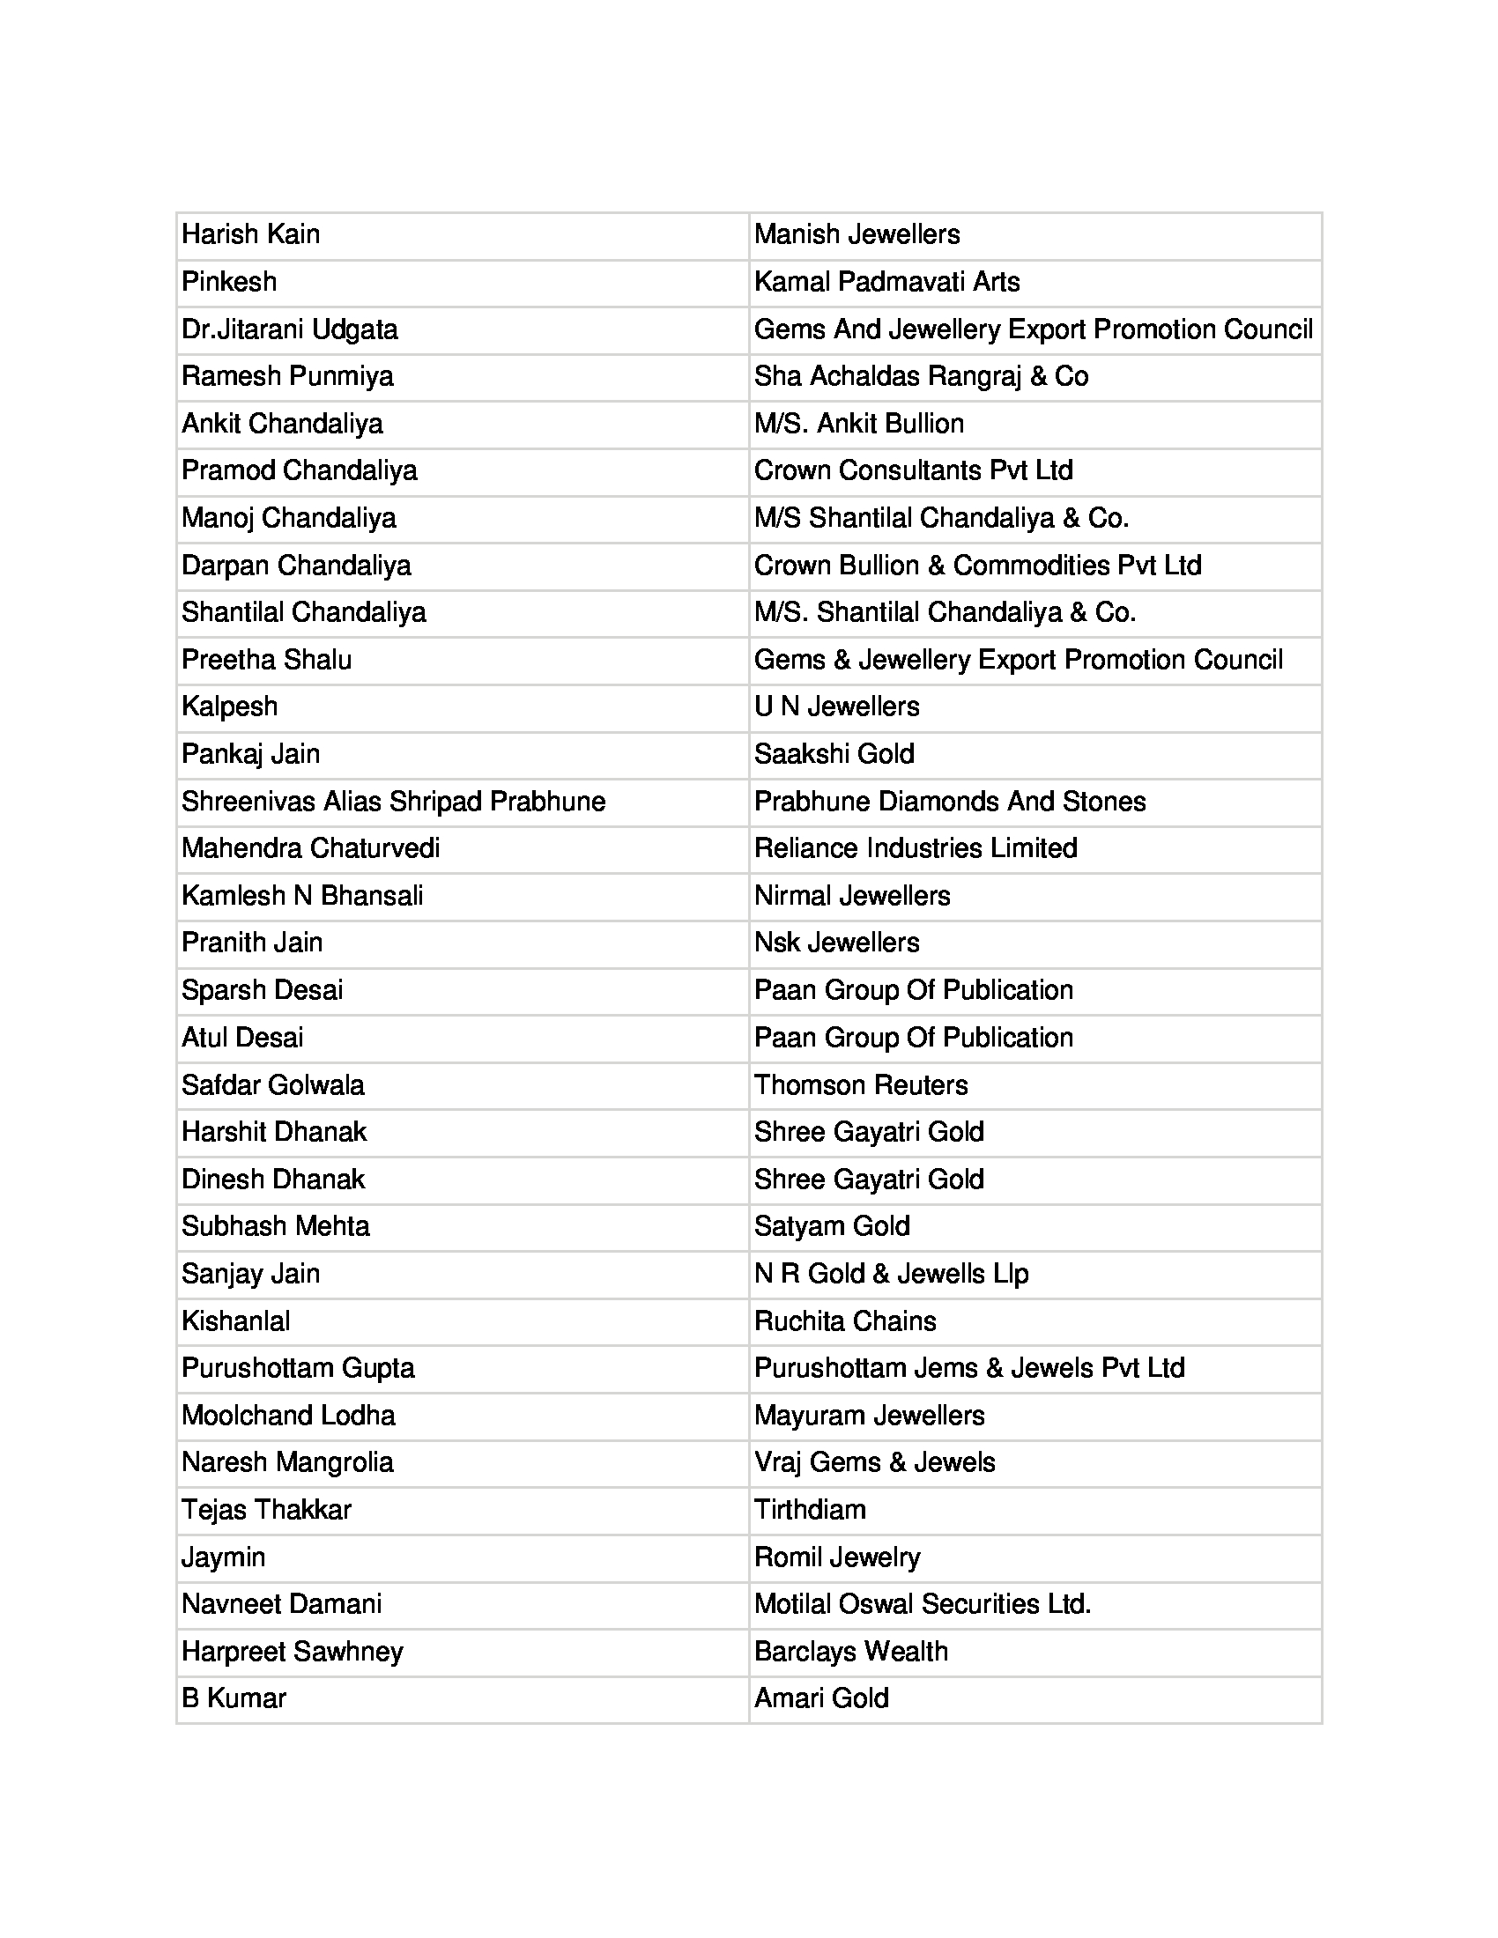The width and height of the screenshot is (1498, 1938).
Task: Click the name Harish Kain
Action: point(250,234)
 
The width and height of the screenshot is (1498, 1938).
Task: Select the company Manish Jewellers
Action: point(857,234)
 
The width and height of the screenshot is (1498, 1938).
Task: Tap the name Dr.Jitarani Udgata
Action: point(289,329)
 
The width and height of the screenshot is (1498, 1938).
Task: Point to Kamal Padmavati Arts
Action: point(886,282)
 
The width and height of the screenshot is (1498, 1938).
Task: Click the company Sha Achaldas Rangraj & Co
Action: point(921,376)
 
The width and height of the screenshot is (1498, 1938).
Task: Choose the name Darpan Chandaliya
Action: point(296,566)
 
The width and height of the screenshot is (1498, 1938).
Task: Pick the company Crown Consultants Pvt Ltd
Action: point(913,470)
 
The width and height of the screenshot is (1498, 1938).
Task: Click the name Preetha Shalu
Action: point(266,659)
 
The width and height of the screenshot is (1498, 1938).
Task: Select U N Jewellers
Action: point(836,706)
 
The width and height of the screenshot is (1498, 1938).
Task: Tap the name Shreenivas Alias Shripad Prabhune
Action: point(393,802)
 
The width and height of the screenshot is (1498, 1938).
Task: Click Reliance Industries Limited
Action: point(915,848)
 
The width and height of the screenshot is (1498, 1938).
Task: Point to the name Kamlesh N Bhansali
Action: point(301,895)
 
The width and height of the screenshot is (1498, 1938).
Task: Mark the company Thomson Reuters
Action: point(860,1084)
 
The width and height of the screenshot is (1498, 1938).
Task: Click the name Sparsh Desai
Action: point(262,990)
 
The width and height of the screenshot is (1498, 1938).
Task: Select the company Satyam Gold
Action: point(832,1226)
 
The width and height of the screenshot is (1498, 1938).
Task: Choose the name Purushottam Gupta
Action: point(298,1367)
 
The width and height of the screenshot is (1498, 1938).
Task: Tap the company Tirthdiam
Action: point(809,1509)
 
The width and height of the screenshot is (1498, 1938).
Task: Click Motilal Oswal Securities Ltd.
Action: point(922,1603)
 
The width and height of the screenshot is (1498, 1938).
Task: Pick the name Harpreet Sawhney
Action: point(292,1652)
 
